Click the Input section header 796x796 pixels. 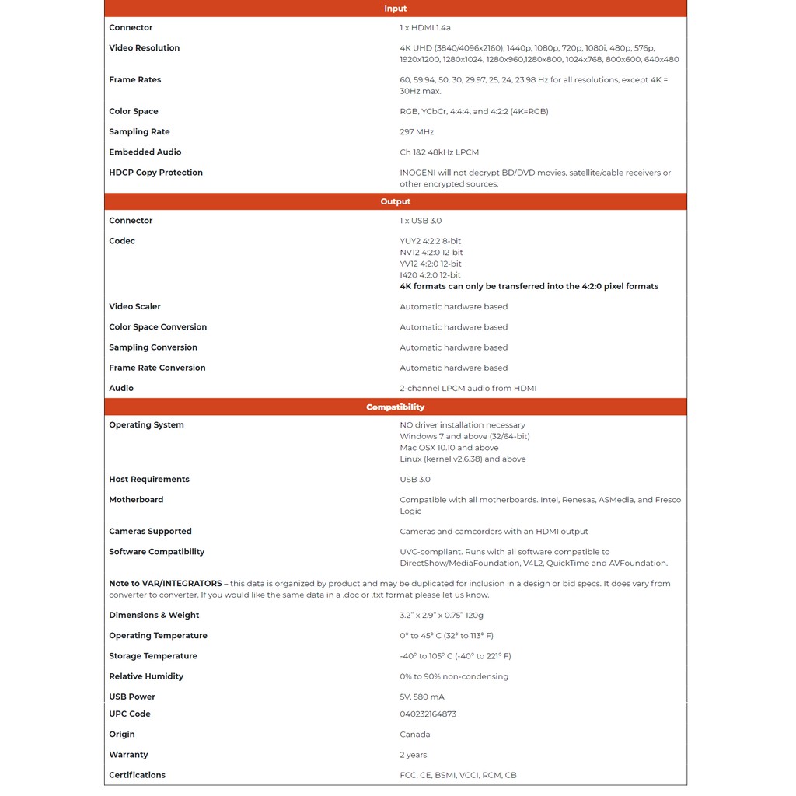(x=395, y=9)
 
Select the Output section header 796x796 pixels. (x=395, y=201)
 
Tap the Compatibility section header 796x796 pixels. (x=395, y=407)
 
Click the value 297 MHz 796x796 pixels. (x=417, y=132)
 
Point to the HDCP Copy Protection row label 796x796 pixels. (x=155, y=173)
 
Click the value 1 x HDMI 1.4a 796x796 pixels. (x=425, y=28)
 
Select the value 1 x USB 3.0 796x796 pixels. (x=421, y=221)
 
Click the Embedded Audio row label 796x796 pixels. (x=145, y=152)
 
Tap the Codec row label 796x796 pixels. (x=122, y=241)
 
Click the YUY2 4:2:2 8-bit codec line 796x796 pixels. (x=430, y=241)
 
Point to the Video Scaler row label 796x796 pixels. (x=134, y=307)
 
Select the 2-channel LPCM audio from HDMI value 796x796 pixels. (x=468, y=388)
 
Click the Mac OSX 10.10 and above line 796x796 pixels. (x=449, y=448)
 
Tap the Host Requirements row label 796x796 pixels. (x=148, y=480)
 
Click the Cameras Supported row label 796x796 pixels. (x=150, y=532)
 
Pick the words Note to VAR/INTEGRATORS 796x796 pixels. (x=165, y=584)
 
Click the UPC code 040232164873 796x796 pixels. (x=428, y=714)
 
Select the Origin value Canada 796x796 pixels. (x=414, y=735)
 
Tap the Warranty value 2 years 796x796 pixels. (x=413, y=755)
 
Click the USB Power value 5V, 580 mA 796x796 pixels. (x=422, y=696)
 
